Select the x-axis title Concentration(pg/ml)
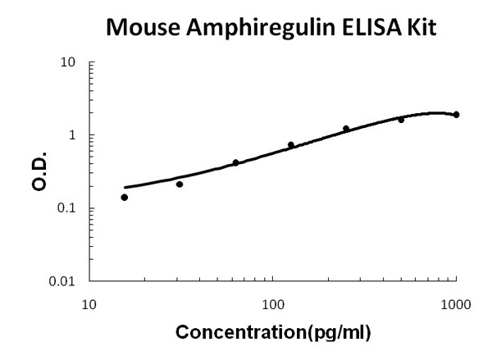(x=273, y=332)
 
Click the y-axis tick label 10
(x=71, y=62)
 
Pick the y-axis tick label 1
(x=74, y=135)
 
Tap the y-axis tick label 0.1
(x=69, y=208)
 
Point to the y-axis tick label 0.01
(x=66, y=281)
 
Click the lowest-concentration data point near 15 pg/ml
(x=125, y=197)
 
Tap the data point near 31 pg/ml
(x=180, y=184)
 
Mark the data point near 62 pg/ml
(x=235, y=162)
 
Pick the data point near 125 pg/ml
(x=290, y=145)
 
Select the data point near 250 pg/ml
(x=346, y=129)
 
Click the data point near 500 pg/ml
(x=401, y=120)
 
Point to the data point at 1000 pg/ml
(x=456, y=115)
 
